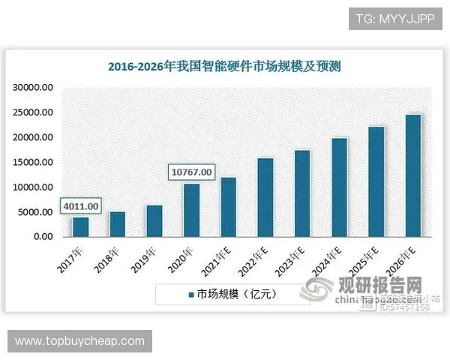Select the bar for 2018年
pos(117,223)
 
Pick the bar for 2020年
pos(191,210)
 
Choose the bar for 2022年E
pos(265,197)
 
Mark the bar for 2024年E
pos(339,187)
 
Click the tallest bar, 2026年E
pos(413,175)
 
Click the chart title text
pos(224,66)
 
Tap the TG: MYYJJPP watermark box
pos(395,17)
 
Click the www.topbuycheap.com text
pos(80,341)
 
